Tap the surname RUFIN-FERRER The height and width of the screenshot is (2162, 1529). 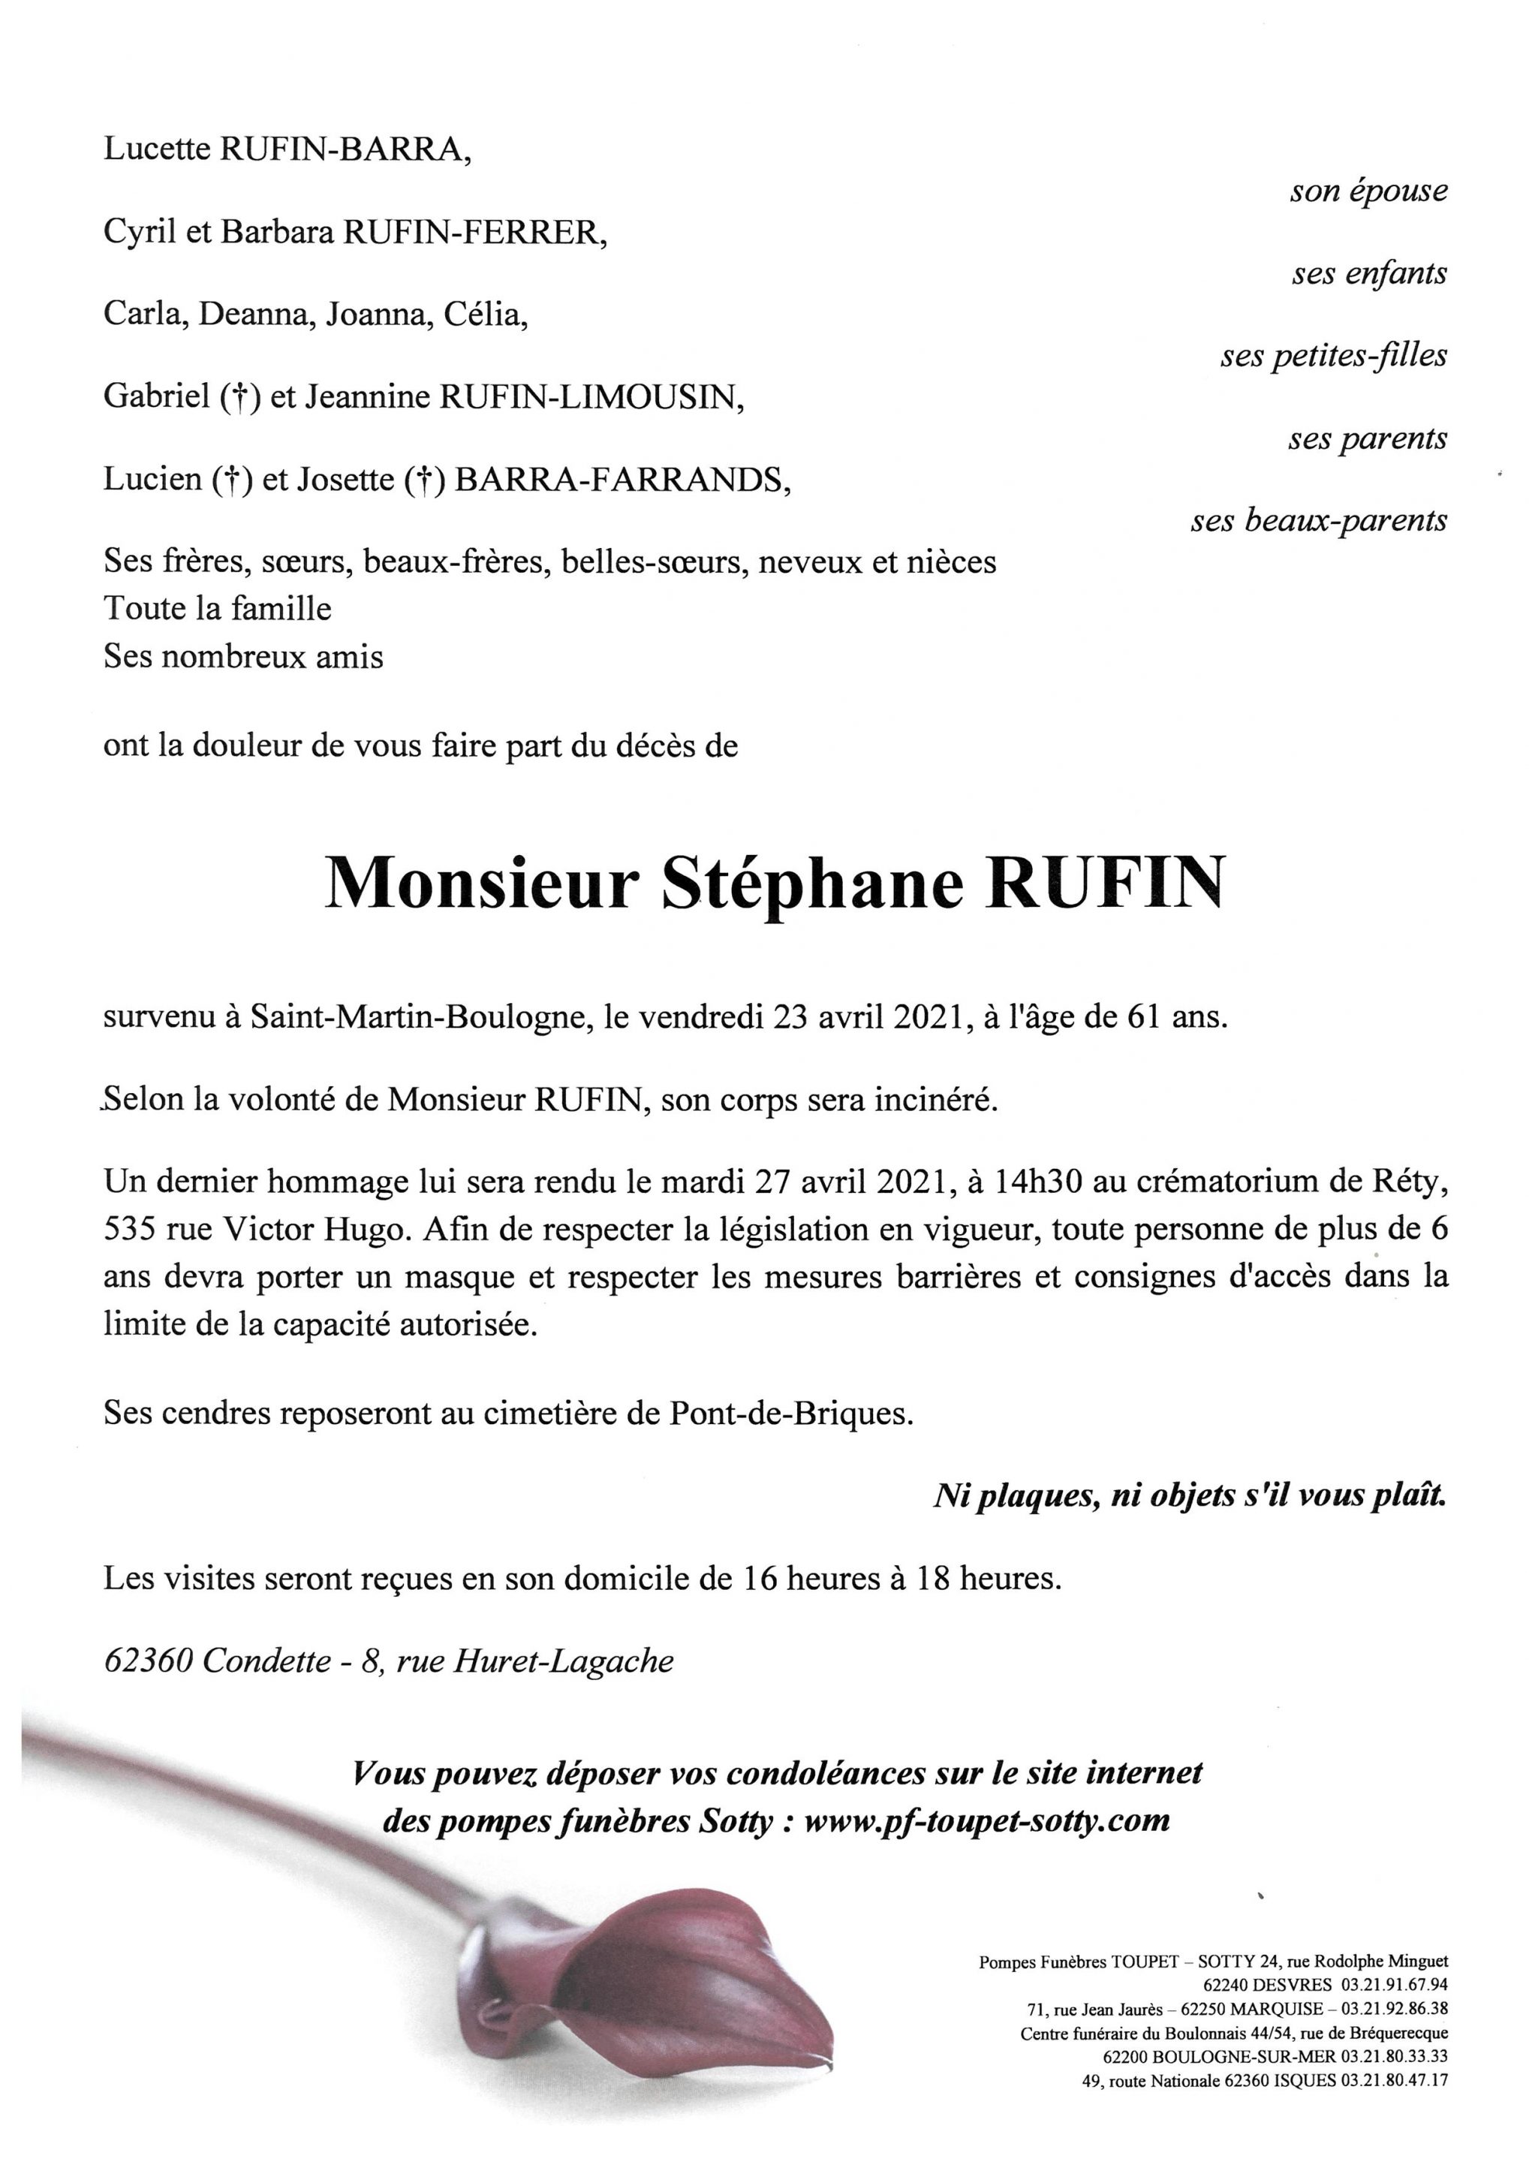coord(474,232)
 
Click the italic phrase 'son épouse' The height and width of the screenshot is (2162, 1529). coord(1368,191)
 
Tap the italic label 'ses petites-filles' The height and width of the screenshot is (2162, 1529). coord(1333,356)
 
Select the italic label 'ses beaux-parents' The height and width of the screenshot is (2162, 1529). coord(1318,521)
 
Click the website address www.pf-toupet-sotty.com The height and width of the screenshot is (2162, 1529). coord(988,1820)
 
